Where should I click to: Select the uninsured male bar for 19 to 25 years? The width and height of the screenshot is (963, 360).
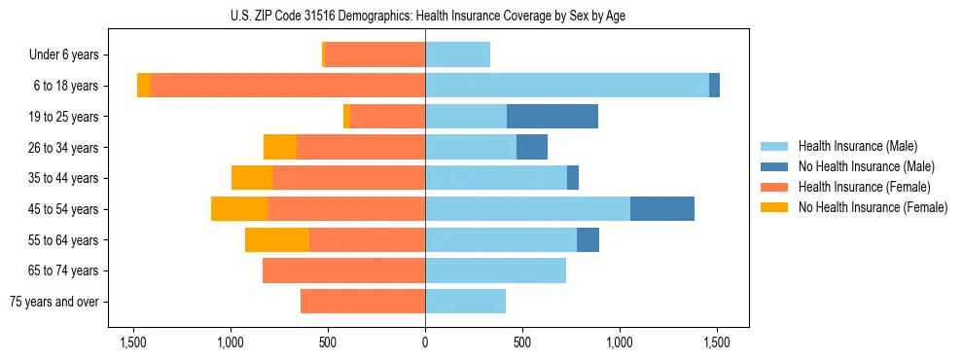click(553, 117)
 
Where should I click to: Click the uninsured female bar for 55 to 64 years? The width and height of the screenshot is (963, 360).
click(277, 240)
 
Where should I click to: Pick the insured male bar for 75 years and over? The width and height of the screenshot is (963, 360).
click(465, 302)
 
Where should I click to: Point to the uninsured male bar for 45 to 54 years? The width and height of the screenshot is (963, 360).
click(662, 209)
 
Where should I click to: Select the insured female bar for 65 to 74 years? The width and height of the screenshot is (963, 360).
click(343, 270)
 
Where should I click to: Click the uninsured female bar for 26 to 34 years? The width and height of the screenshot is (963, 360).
click(280, 147)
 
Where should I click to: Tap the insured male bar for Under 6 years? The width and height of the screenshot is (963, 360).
click(457, 54)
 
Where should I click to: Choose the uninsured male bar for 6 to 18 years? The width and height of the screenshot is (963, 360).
click(714, 86)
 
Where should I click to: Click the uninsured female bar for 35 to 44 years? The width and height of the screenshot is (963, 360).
click(252, 178)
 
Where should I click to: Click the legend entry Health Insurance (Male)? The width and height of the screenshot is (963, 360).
click(857, 146)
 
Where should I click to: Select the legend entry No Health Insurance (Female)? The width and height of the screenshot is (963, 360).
click(873, 207)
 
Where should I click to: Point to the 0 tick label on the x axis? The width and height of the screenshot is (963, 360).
click(425, 343)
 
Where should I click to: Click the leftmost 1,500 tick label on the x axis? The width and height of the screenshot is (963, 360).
click(133, 343)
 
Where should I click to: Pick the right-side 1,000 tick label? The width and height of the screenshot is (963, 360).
click(620, 343)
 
